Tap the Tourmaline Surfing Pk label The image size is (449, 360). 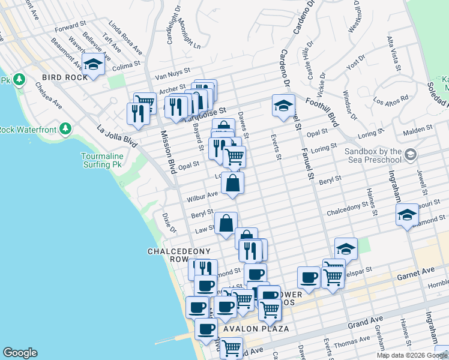(x=102, y=161)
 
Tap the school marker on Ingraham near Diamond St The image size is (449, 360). (x=407, y=214)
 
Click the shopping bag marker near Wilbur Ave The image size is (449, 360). (x=233, y=182)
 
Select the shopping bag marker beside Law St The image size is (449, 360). (x=226, y=223)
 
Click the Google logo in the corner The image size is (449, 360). (x=20, y=353)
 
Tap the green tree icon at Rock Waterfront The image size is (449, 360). (x=65, y=128)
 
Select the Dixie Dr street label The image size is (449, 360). (x=169, y=223)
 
